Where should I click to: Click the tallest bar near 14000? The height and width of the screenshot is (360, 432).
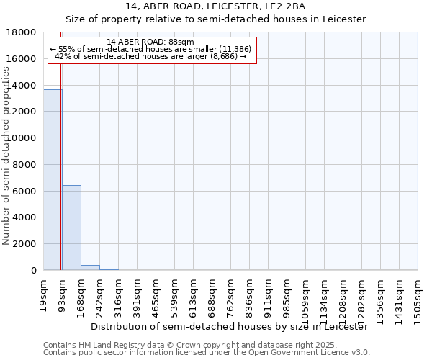coord(53,180)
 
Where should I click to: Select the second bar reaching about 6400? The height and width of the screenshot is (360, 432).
coord(71,228)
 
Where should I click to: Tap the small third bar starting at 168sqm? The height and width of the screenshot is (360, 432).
coord(90,268)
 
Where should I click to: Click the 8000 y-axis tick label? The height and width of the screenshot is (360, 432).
coord(26,165)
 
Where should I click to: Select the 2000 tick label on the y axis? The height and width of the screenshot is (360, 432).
coord(26,244)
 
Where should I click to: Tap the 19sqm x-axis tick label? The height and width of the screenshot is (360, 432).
coord(44,293)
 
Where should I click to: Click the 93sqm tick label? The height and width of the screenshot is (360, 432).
coord(63,293)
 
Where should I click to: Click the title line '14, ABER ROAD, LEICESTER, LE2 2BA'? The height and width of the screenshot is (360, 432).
coord(216,7)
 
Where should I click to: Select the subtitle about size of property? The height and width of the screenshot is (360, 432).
coord(216,19)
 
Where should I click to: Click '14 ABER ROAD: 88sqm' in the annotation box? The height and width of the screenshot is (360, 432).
coord(150,42)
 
